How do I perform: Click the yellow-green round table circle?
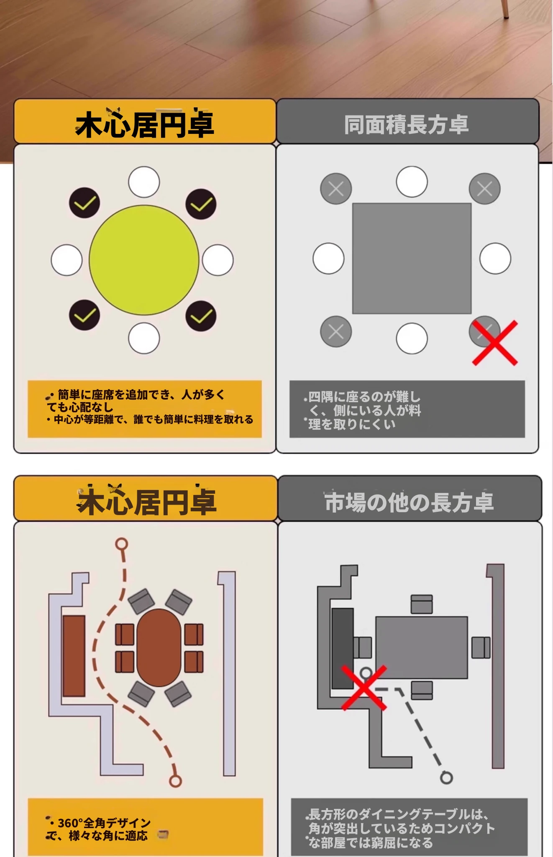144,260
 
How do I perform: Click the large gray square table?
412,259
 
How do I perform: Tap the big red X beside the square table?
495,343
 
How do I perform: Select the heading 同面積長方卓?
406,124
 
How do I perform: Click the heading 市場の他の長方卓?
410,502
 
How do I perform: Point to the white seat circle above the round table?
144,182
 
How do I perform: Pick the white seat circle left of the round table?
67,260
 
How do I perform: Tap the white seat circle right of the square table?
495,259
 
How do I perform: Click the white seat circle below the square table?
412,338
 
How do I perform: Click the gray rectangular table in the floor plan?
422,647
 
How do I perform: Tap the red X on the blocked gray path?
364,688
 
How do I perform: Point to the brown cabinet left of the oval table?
74,656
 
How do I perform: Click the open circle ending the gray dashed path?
447,777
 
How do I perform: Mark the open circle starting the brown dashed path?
122,544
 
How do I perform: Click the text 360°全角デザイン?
104,823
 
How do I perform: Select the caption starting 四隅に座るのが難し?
362,411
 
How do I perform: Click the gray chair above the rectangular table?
422,604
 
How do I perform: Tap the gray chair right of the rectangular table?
481,647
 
